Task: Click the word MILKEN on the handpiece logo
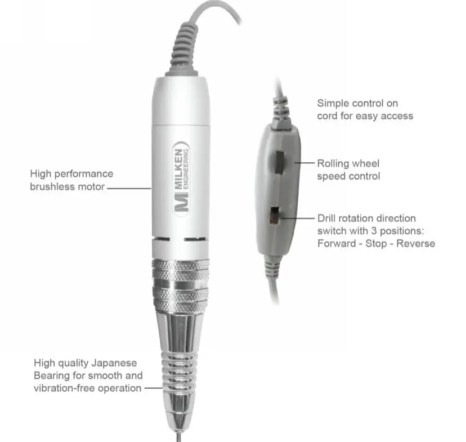click(178, 169)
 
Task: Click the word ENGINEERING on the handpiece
click(186, 169)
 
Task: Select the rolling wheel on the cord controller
click(279, 162)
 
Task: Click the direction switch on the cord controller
click(274, 215)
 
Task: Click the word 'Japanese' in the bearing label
click(114, 363)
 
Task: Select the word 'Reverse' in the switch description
click(415, 243)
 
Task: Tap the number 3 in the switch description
click(374, 231)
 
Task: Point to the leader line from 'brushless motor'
click(129, 188)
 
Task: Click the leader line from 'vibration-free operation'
click(153, 388)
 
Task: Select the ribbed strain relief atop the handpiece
click(183, 50)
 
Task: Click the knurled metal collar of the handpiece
click(181, 285)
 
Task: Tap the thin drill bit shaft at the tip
click(178, 437)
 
